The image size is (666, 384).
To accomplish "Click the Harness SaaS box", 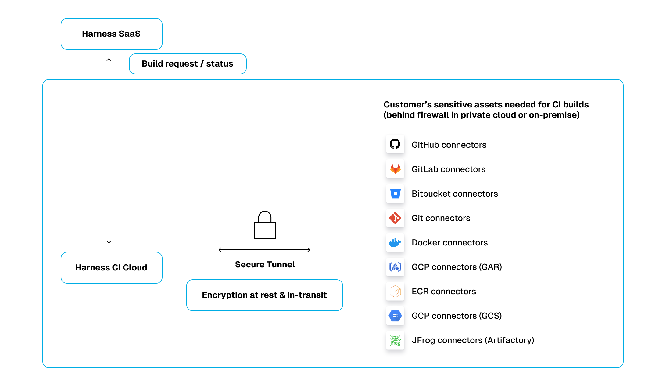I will (111, 34).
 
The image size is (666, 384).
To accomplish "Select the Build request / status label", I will (188, 64).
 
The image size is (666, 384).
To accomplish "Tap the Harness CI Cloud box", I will (111, 268).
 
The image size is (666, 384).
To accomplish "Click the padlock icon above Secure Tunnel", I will (265, 226).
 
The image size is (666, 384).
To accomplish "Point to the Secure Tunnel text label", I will (265, 264).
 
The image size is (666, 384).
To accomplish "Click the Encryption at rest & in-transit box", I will (264, 295).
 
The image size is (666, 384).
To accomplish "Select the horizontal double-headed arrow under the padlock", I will (264, 250).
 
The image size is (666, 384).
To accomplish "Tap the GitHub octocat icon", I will (395, 144).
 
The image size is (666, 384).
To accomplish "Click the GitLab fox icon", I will (395, 169).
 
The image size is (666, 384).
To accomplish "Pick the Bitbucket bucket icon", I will (395, 194).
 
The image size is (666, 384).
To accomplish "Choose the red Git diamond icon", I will (395, 218).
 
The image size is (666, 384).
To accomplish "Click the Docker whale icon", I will (395, 242).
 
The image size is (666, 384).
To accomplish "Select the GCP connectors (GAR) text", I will (457, 267).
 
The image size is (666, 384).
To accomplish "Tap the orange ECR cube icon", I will (395, 291).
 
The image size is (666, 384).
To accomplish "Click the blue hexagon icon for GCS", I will (395, 316).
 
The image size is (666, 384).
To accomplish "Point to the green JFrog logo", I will (395, 340).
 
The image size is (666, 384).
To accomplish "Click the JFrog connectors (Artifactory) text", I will (473, 340).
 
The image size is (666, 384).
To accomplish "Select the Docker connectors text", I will (449, 243).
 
